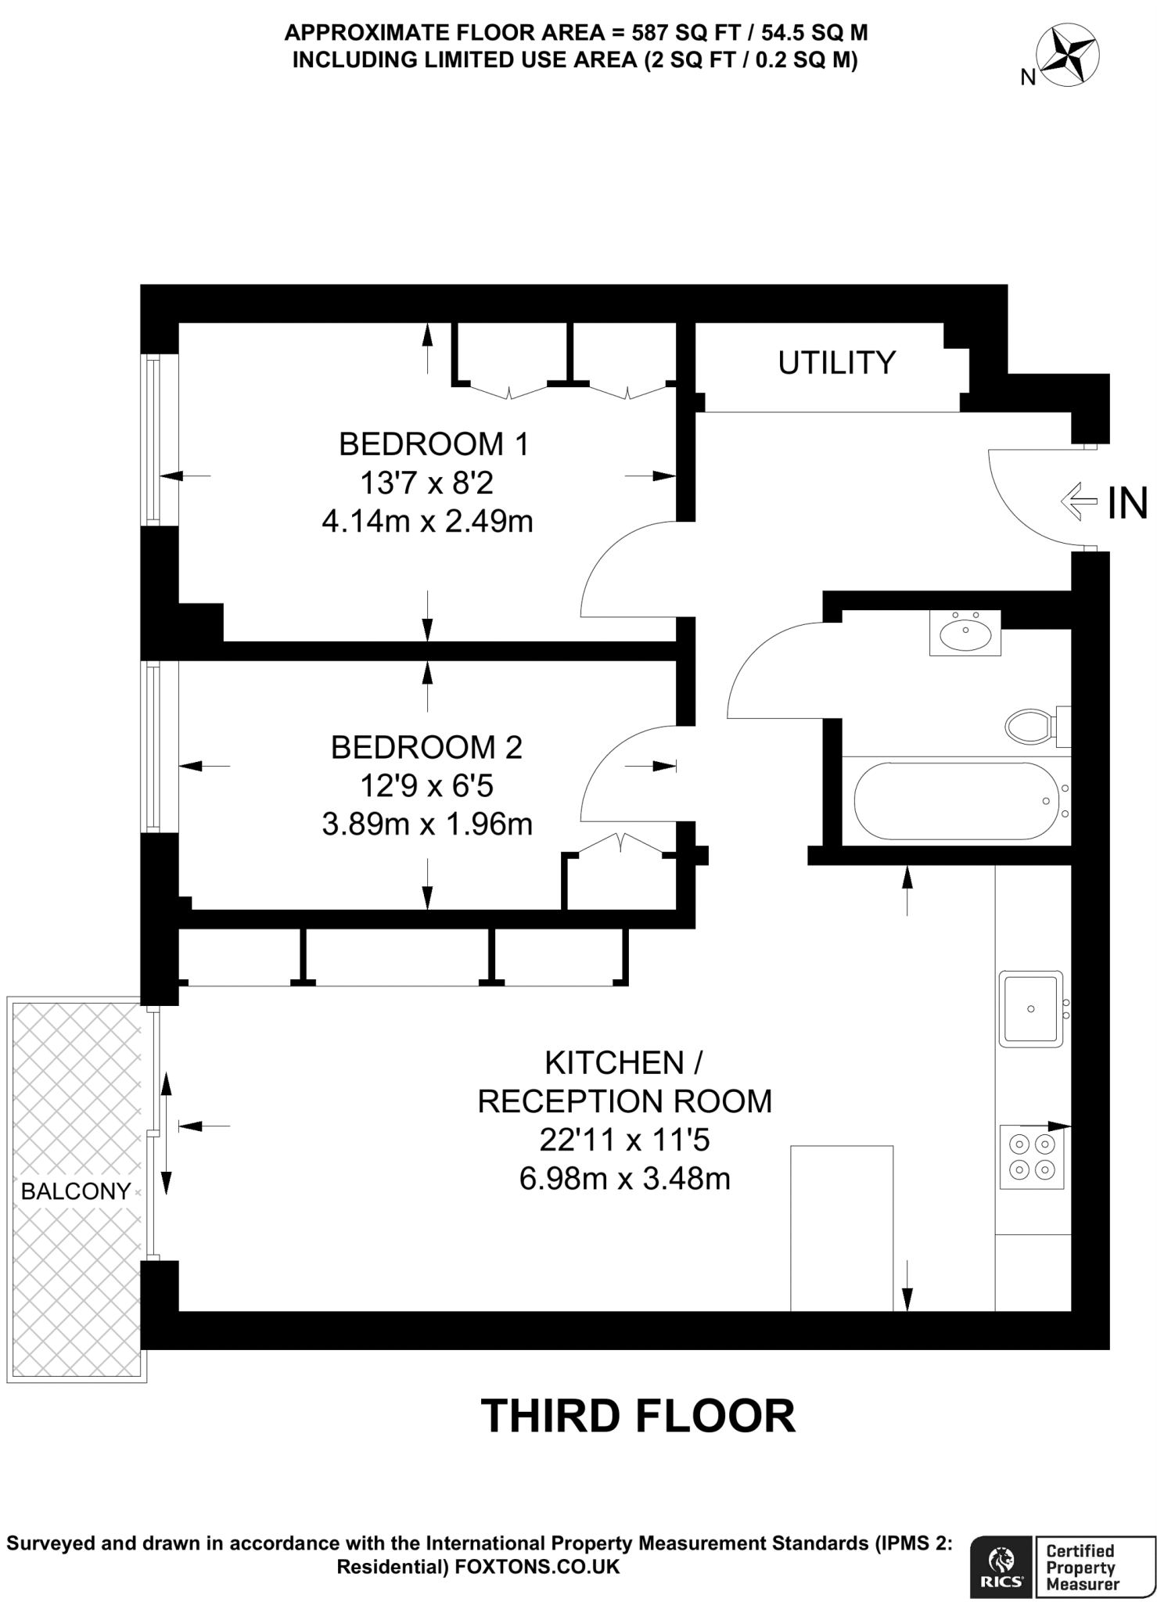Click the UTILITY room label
point(835,363)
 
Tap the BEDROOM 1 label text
point(433,444)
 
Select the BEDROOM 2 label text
point(426,747)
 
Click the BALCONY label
point(76,1191)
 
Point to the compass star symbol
point(1067,56)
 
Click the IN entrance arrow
point(1080,501)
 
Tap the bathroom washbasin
point(965,633)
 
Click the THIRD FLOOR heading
point(638,1415)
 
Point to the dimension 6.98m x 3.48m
point(624,1178)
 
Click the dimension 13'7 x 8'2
point(426,483)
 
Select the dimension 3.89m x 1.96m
point(426,824)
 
